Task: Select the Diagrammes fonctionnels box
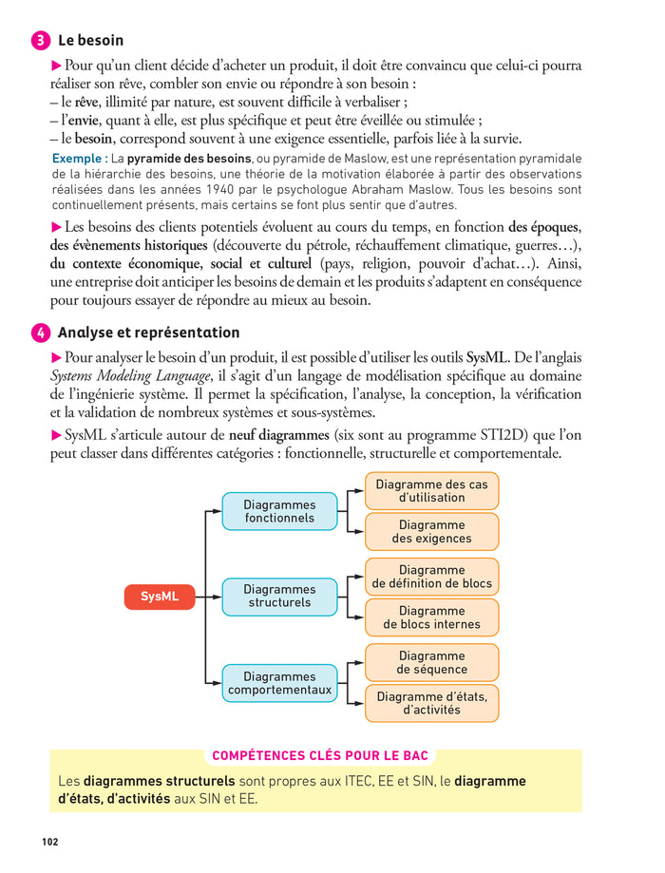[279, 511]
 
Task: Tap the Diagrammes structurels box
[279, 597]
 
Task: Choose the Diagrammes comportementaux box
[279, 683]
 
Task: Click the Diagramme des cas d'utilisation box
[431, 490]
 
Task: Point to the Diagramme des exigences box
[431, 532]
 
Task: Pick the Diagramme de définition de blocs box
[431, 577]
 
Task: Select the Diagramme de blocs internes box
[431, 617]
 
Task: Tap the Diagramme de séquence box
[431, 662]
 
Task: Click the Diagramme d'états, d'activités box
[431, 703]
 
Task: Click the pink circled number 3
[42, 41]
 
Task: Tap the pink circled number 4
[42, 333]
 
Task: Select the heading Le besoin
[90, 41]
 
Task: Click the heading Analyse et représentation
[148, 333]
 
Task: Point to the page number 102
[51, 842]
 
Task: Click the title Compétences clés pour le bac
[320, 756]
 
